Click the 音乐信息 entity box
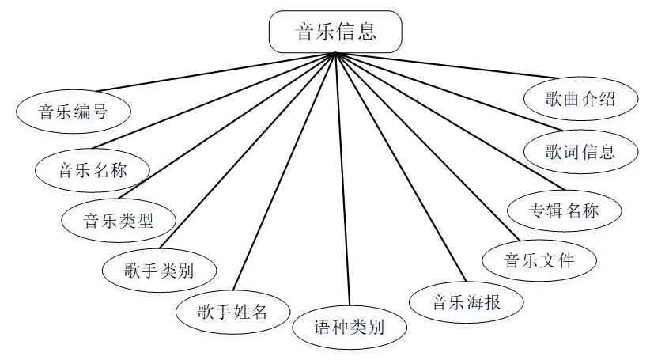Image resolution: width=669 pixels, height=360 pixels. [x=335, y=32]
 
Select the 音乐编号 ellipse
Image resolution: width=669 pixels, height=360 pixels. [x=73, y=112]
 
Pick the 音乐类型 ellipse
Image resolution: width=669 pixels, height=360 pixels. [x=119, y=221]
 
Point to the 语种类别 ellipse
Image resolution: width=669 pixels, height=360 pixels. [x=350, y=327]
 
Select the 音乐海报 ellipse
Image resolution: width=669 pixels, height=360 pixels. [x=466, y=301]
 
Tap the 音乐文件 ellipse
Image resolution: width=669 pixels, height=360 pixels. [x=539, y=260]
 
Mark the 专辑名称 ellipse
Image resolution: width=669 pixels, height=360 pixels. [x=565, y=210]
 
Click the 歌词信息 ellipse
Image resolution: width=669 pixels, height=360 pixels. [x=580, y=150]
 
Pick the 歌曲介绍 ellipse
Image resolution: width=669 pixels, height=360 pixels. [x=580, y=99]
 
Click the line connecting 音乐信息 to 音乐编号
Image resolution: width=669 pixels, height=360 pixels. [x=214, y=73]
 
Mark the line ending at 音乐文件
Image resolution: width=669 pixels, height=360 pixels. [x=427, y=146]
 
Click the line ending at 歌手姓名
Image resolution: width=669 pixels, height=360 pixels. [x=285, y=170]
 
